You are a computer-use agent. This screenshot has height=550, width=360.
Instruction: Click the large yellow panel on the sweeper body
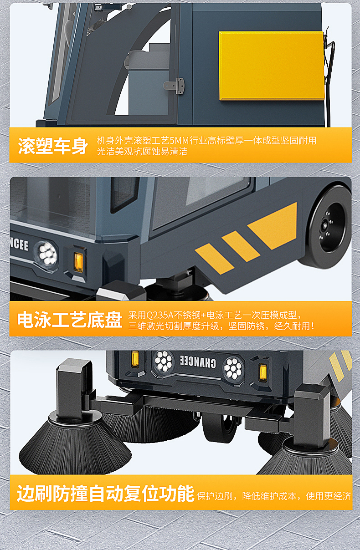pyautogui.click(x=272, y=66)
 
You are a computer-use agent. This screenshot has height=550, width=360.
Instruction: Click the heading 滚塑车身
pyautogui.click(x=53, y=146)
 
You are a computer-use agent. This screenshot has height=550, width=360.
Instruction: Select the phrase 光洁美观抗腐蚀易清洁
pyautogui.click(x=142, y=152)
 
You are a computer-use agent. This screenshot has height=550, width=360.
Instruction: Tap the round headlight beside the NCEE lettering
pyautogui.click(x=46, y=254)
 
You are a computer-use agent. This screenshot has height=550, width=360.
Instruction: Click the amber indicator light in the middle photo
pyautogui.click(x=78, y=261)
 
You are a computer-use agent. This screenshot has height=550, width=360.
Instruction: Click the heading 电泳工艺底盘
pyautogui.click(x=70, y=320)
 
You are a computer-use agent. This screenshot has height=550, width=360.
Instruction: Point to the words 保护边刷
pyautogui.click(x=214, y=496)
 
